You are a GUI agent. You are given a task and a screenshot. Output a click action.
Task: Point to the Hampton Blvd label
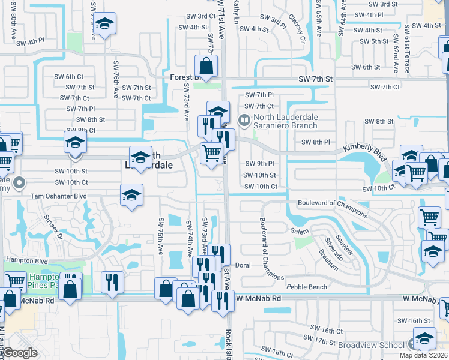26,260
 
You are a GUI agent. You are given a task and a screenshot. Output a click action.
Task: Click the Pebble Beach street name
306,287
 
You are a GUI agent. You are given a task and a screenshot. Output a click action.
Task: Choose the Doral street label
243,265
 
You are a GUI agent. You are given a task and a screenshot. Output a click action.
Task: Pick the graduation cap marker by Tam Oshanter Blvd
131,194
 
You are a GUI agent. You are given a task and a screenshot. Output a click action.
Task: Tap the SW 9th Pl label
259,163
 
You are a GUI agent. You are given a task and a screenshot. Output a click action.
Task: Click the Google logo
20,353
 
